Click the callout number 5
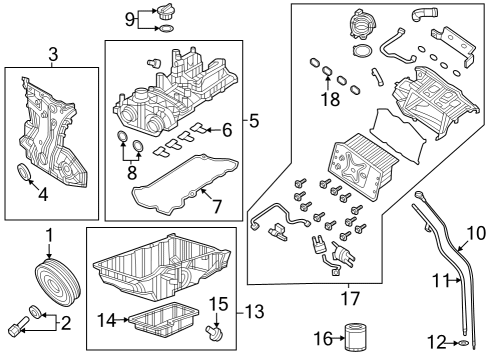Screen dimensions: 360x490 (253, 121)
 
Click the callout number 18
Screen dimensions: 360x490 (329, 99)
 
